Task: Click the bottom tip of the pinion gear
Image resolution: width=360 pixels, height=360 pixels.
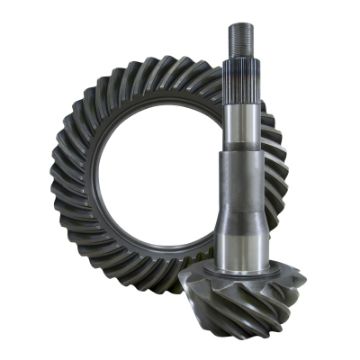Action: [257, 338]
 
